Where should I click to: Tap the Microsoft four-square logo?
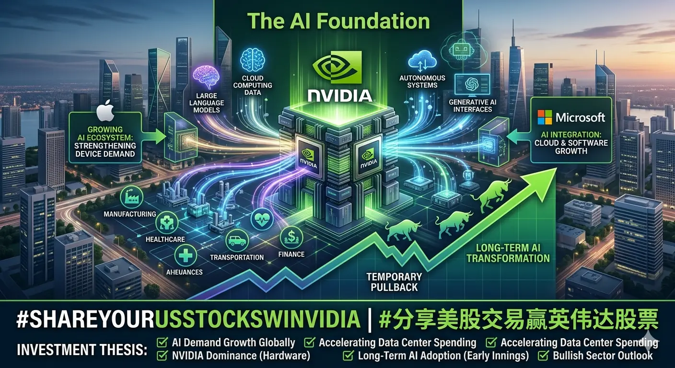pyautogui.click(x=545, y=117)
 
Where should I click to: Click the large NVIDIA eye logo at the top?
pyautogui.click(x=337, y=67)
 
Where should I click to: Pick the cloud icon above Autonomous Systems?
pyautogui.click(x=422, y=61)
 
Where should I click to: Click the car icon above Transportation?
pyautogui.click(x=237, y=241)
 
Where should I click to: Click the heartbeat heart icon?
pyautogui.click(x=262, y=219)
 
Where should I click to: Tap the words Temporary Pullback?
pyautogui.click(x=394, y=282)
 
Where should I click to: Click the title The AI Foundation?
pyautogui.click(x=338, y=21)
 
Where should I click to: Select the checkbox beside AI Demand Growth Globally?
pyautogui.click(x=162, y=343)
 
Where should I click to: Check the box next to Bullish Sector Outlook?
pyautogui.click(x=543, y=356)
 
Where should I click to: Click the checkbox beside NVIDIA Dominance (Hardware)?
pyautogui.click(x=162, y=356)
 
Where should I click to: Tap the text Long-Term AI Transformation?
pyautogui.click(x=508, y=253)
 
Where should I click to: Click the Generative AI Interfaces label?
pyautogui.click(x=473, y=106)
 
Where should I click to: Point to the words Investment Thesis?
pyautogui.click(x=82, y=350)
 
